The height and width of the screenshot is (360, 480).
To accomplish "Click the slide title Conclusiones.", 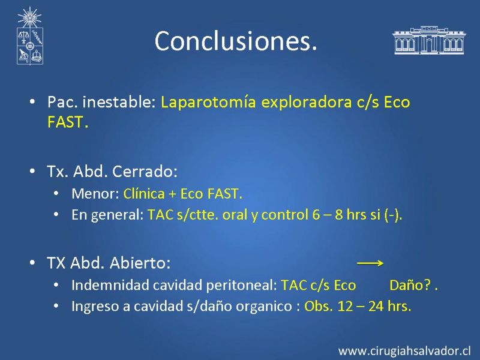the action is pos(236,41).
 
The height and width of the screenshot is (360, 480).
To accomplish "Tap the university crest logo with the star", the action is pos(29,36).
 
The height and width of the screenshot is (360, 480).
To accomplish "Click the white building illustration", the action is pos(429,40).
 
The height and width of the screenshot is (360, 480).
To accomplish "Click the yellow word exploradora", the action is pos(307,103).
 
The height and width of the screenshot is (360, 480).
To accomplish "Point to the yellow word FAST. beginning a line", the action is pos(68,122).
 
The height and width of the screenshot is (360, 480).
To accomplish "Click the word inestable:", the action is pos(119,102).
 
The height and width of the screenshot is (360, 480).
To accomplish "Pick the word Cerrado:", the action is pos(145,172).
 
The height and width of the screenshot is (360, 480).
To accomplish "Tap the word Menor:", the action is pos(95,194).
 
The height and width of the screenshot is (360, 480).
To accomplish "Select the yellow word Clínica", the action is pos(144,194).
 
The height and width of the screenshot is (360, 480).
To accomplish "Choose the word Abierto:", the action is pos(140,263).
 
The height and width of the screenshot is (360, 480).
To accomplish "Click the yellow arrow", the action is pos(370,263).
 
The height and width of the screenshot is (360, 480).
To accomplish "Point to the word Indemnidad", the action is pos(110,285).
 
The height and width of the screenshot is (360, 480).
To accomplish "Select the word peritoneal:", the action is pos(242,286).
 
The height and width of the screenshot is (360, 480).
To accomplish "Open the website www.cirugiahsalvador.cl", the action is pos(404,351).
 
